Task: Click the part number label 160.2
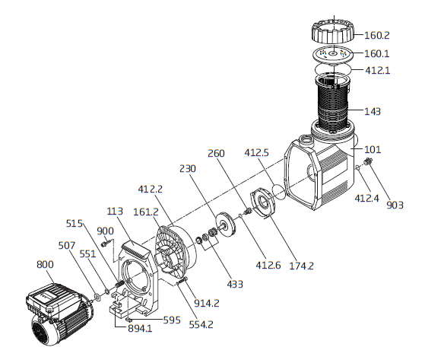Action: pos(376,35)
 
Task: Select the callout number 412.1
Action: pos(378,71)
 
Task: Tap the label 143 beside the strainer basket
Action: pos(373,111)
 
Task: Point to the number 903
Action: pos(395,205)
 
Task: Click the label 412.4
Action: pos(367,198)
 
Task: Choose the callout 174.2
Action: pos(301,266)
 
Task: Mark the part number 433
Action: pos(235,284)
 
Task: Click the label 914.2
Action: pos(207,303)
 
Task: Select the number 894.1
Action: pos(140,329)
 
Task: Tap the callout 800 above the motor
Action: pos(45,264)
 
